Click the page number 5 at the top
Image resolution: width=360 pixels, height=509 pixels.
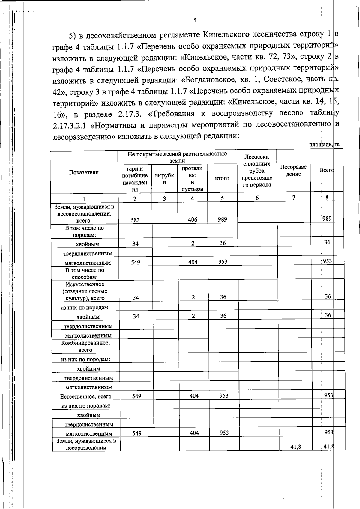(195, 20)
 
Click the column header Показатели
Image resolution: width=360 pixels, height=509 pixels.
(84, 172)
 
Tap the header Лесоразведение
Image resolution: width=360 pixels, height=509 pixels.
(293, 171)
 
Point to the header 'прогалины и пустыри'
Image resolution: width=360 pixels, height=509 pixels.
(192, 179)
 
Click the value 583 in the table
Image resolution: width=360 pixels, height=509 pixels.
(135, 220)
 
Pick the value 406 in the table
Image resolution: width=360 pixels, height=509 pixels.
(193, 220)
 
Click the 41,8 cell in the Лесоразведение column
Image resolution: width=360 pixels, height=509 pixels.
(295, 447)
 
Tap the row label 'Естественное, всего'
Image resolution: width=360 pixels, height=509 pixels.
(86, 396)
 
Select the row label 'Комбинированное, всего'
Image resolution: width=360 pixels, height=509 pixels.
(85, 346)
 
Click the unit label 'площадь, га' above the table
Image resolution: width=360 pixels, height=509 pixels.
(324, 144)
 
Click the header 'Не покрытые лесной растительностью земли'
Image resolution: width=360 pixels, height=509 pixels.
(177, 157)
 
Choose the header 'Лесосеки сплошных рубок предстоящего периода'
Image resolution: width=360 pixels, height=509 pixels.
(257, 171)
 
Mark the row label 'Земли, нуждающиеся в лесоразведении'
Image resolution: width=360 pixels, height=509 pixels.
(86, 444)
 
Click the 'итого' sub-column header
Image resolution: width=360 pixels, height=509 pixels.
(222, 178)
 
